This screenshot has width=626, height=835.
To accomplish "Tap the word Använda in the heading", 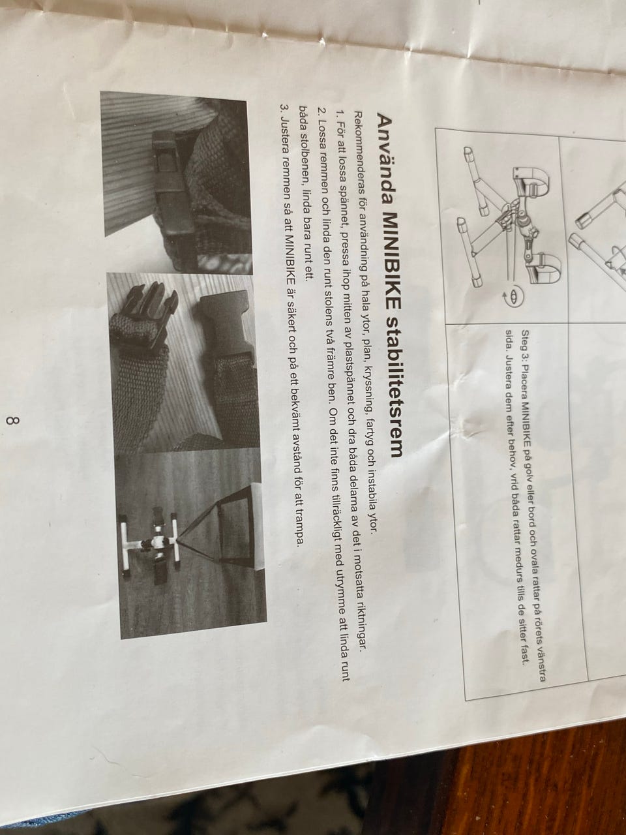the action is (385, 160).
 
